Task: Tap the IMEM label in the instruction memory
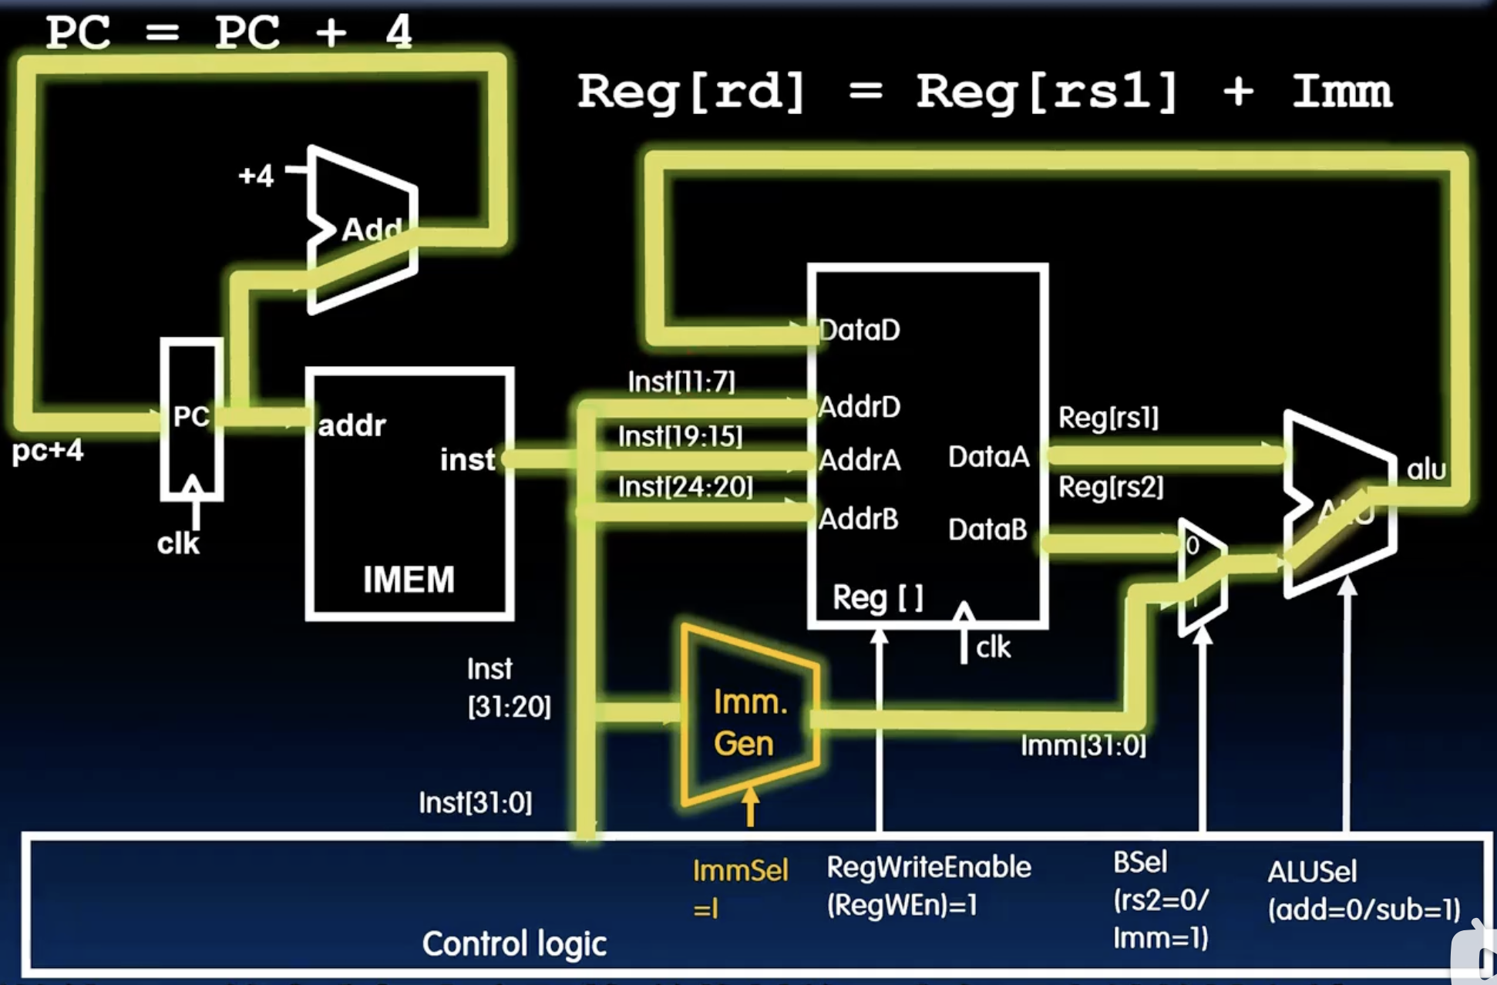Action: (409, 580)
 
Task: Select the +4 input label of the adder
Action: (256, 176)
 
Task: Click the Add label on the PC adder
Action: (371, 229)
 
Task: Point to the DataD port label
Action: (859, 330)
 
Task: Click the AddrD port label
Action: (859, 406)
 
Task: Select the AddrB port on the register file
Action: (858, 519)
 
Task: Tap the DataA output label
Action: (988, 456)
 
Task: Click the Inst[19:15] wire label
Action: (680, 436)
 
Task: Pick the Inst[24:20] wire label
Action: (685, 486)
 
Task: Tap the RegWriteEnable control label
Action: (928, 868)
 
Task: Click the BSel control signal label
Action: (1140, 862)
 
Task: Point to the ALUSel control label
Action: (1312, 872)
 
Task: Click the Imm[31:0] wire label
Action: (1083, 745)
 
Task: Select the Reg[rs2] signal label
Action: (1111, 486)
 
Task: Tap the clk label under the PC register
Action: (178, 543)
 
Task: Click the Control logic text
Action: (514, 943)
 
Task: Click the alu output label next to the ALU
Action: (1426, 469)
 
